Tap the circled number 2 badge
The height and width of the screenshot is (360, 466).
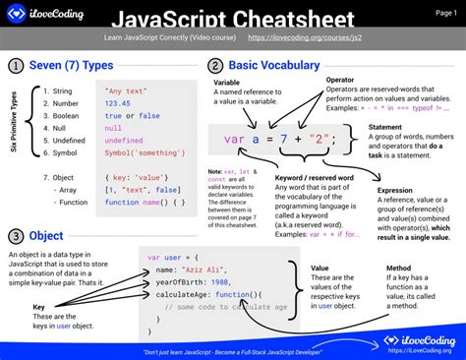pyautogui.click(x=215, y=66)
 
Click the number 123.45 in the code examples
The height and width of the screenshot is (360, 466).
pyautogui.click(x=118, y=102)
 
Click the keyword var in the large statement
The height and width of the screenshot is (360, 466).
pyautogui.click(x=233, y=140)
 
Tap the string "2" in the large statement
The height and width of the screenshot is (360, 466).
pyautogui.click(x=315, y=140)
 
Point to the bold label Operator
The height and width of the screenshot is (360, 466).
pyautogui.click(x=340, y=79)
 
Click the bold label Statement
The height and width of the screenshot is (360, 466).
pyautogui.click(x=385, y=127)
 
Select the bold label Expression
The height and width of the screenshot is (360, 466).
pyautogui.click(x=395, y=190)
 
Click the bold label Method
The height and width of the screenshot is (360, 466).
pyautogui.click(x=398, y=267)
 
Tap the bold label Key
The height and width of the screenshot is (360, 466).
pyautogui.click(x=39, y=306)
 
